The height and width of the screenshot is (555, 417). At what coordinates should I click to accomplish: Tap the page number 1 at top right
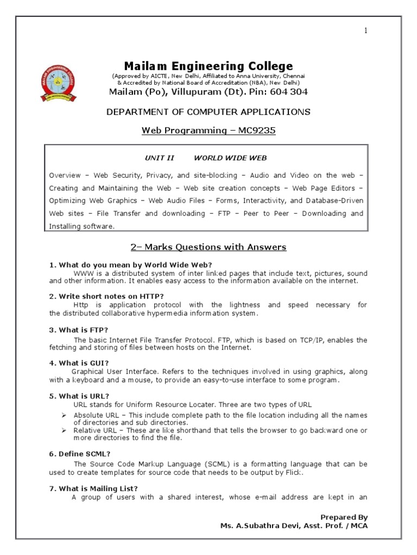pyautogui.click(x=366, y=31)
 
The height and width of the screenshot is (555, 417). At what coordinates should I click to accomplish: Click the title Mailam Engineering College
pyautogui.click(x=208, y=66)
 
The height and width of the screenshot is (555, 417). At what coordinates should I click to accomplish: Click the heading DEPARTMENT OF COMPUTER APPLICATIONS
pyautogui.click(x=208, y=112)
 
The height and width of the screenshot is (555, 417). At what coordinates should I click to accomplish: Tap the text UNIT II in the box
pyautogui.click(x=159, y=158)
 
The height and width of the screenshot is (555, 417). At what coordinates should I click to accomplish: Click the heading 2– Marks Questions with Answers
pyautogui.click(x=208, y=247)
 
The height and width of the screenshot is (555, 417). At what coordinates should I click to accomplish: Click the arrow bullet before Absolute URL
pyautogui.click(x=63, y=415)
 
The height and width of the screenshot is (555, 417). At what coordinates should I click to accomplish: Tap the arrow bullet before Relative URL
pyautogui.click(x=63, y=430)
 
